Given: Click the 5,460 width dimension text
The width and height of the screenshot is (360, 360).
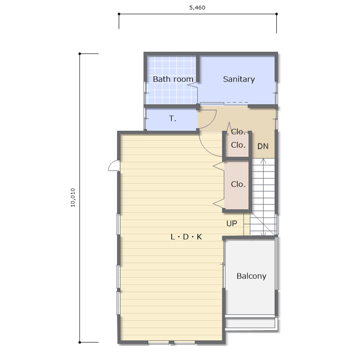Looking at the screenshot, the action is pos(197,7).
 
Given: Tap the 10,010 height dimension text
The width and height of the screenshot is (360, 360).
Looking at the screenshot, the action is pos(73,197).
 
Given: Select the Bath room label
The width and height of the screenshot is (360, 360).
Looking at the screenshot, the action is pos(173,79).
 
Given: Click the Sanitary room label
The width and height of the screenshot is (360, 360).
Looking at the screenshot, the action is pos(239,79).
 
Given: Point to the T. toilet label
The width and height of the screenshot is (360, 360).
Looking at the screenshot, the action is pos(173,119).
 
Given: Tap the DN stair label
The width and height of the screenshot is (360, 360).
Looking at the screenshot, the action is pos(263,146).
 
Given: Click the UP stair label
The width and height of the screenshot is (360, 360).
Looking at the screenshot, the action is pos(232,223).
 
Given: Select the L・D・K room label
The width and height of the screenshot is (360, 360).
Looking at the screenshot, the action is pos(186,237).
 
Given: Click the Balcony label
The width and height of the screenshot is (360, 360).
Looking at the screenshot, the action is pos(251,276).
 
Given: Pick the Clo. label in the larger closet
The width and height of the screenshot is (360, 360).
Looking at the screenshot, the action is pos(238,184).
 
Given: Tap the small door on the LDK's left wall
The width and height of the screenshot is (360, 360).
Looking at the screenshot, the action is pos(114,166).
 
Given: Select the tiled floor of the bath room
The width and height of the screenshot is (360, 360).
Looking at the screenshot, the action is pos(172,79).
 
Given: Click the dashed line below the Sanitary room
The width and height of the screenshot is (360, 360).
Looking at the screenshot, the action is pos(237,103).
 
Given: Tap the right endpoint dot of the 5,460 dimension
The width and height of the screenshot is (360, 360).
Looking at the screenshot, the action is pos(276,14).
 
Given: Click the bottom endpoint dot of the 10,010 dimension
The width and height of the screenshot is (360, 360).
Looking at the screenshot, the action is pos(79,343).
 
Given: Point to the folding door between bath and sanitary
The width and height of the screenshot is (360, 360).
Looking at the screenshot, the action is pos(193,85).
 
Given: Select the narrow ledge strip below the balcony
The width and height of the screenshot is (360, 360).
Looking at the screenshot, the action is pos(251,323).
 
